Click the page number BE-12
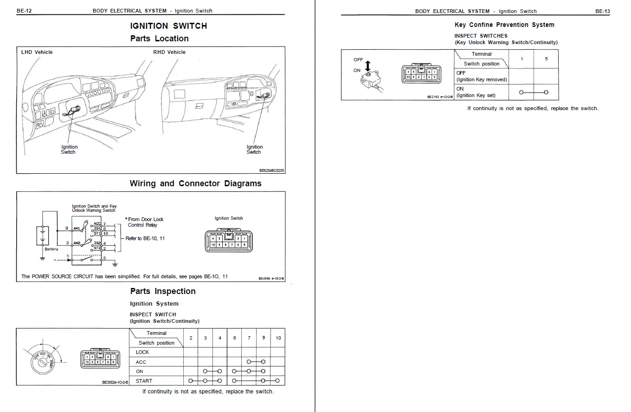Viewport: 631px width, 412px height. point(24,11)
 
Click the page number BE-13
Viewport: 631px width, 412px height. point(602,11)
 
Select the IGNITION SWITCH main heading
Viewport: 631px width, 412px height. point(168,26)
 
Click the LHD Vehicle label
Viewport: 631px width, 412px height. point(37,52)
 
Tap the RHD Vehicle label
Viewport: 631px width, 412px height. point(169,52)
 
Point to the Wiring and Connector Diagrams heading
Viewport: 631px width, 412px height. point(195,183)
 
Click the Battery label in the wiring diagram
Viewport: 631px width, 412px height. point(52,249)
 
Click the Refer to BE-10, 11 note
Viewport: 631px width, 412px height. point(145,238)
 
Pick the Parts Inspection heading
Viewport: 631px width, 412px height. point(163,291)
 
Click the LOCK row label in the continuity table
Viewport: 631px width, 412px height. point(142,352)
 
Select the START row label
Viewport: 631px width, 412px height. point(144,381)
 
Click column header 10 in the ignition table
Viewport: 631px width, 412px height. point(278,338)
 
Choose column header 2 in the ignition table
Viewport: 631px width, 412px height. point(191,338)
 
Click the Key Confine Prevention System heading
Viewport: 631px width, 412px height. point(504,25)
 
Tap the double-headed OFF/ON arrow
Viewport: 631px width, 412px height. point(368,65)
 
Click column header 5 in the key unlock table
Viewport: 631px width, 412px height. point(546,59)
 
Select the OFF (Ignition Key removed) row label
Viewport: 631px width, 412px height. point(482,76)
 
